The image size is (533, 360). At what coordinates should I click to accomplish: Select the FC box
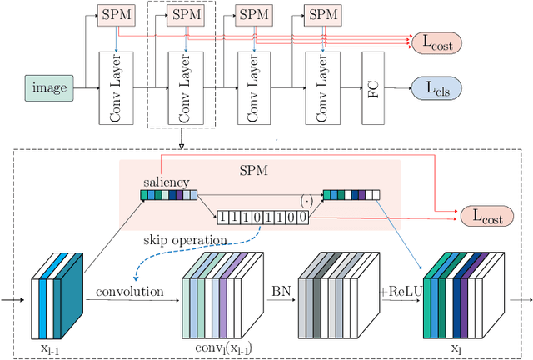pyautogui.click(x=372, y=87)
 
